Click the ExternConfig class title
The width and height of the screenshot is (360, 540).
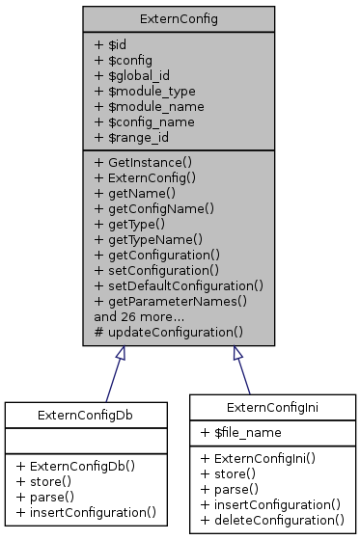(178, 18)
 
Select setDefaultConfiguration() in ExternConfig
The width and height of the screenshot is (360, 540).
(180, 284)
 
